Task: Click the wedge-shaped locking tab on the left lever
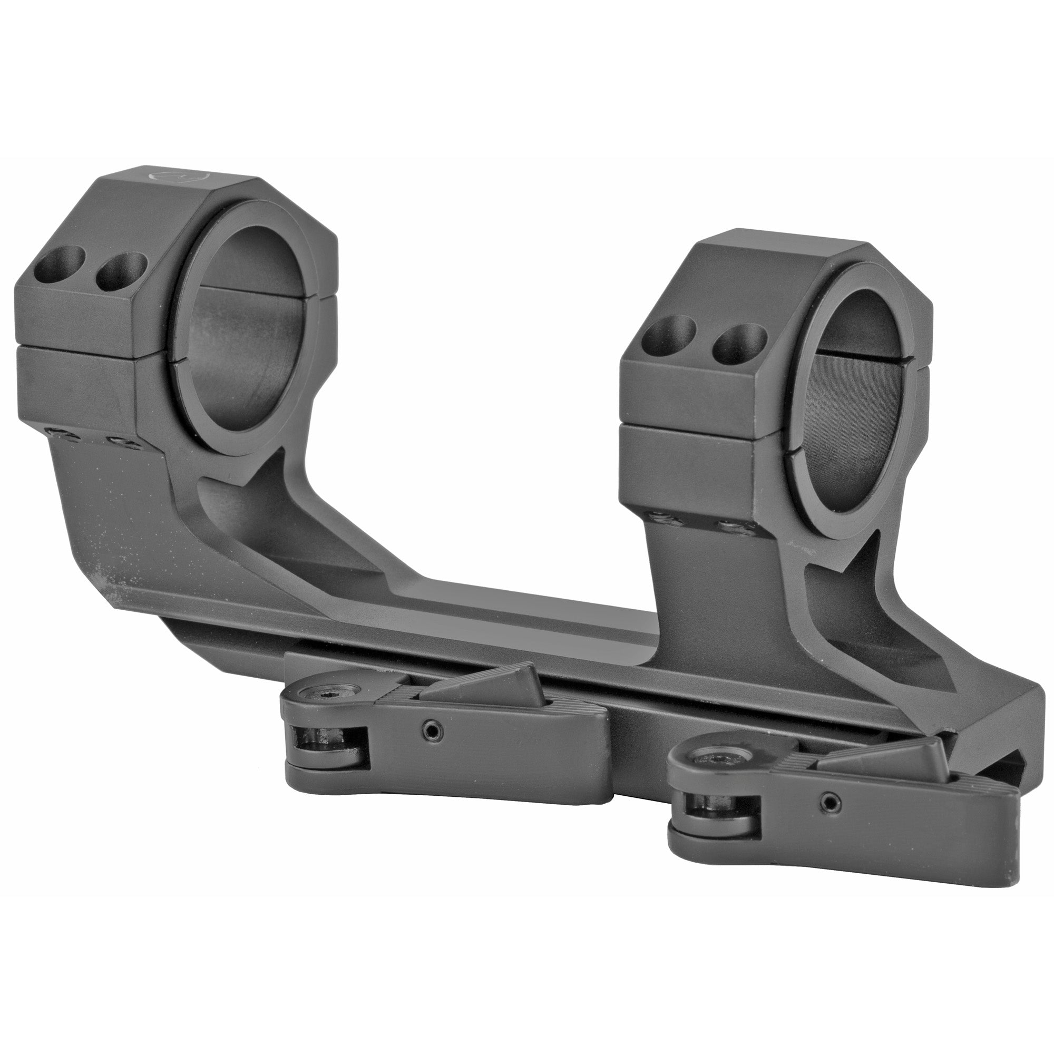click(480, 682)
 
